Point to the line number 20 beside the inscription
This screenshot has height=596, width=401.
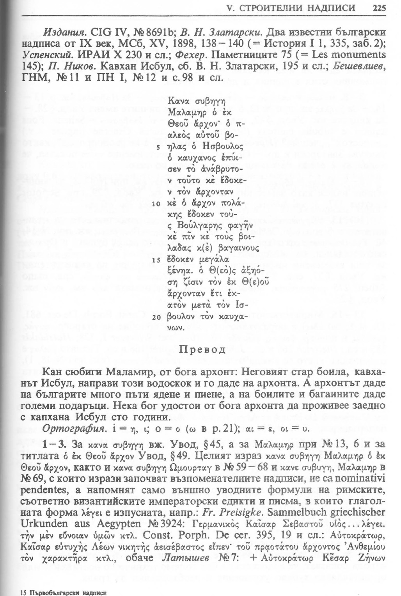click(x=155, y=317)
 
